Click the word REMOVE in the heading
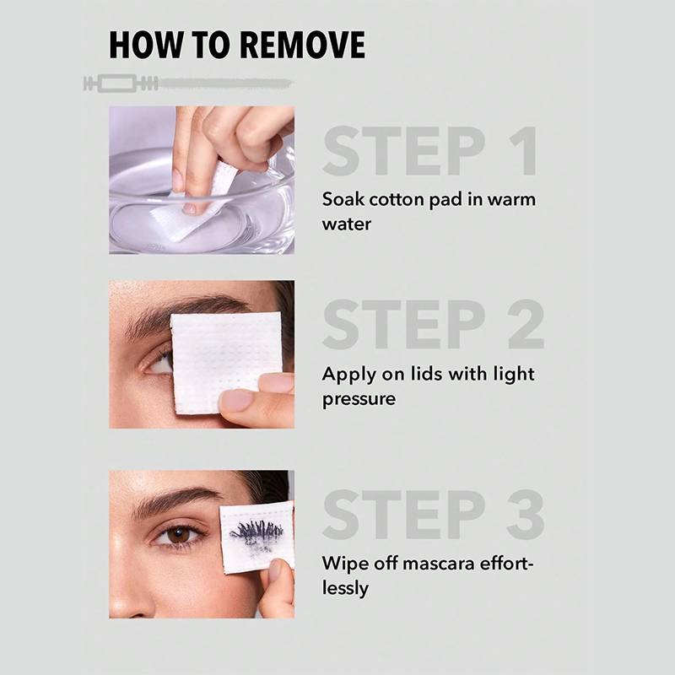(302, 45)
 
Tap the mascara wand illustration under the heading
(188, 83)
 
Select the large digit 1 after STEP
(524, 151)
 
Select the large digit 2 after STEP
(526, 324)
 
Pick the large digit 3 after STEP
(526, 515)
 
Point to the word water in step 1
(347, 224)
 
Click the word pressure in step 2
(359, 399)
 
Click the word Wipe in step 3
(345, 564)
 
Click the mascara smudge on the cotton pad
(257, 535)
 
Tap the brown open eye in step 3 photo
(178, 536)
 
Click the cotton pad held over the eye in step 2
(226, 363)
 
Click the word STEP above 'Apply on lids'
(404, 324)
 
